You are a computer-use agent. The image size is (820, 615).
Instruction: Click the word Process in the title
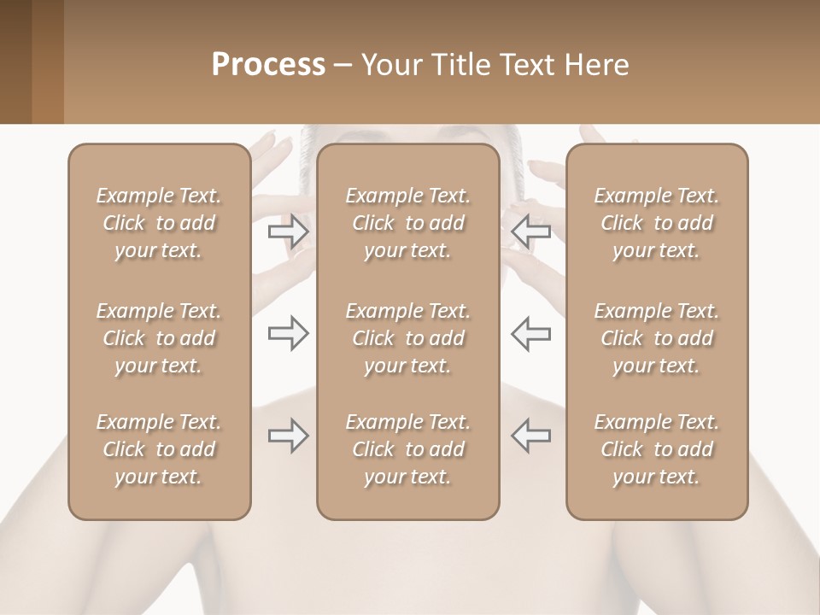[x=268, y=64]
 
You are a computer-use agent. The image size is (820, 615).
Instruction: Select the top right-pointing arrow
[x=288, y=230]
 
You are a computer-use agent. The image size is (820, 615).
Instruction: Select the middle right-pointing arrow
[x=288, y=333]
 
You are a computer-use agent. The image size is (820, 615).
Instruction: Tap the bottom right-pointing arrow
[x=288, y=436]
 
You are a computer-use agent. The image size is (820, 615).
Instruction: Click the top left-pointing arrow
[x=530, y=230]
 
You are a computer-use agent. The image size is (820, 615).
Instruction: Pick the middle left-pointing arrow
[x=530, y=333]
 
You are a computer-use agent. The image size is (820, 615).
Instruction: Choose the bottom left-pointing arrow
[x=530, y=436]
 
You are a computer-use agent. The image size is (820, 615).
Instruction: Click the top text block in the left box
[x=159, y=223]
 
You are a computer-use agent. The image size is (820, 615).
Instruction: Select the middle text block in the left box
[x=159, y=338]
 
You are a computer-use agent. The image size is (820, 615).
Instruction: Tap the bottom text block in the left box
[x=159, y=449]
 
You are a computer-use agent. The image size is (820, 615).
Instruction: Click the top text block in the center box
[x=407, y=223]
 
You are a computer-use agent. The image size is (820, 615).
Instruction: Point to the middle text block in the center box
[x=407, y=338]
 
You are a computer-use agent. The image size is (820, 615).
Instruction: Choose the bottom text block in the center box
[x=407, y=449]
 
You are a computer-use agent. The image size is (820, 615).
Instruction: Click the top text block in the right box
[x=656, y=223]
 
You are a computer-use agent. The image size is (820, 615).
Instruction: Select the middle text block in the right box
[x=656, y=338]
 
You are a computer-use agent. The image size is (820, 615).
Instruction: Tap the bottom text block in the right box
[x=656, y=449]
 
